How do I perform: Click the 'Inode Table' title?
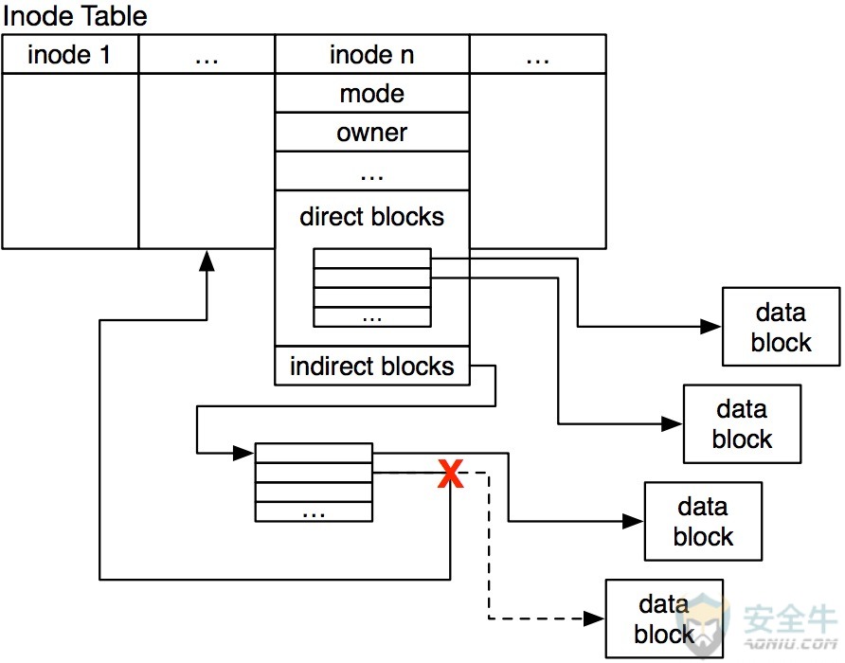(x=75, y=16)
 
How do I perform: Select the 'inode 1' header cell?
(x=70, y=54)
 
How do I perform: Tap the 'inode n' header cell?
(x=372, y=54)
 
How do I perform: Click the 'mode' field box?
(x=372, y=93)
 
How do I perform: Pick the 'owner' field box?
(x=372, y=132)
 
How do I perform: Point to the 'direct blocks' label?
(x=372, y=217)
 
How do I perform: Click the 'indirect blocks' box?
(x=372, y=366)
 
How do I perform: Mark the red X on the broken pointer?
(x=451, y=474)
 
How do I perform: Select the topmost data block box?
(x=781, y=327)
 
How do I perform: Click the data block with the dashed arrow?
(x=664, y=618)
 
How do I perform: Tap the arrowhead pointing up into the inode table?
(x=207, y=260)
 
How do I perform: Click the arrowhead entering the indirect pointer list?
(x=243, y=454)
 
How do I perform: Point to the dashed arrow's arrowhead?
(x=594, y=618)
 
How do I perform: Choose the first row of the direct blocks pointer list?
(x=372, y=259)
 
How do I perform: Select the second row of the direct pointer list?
(x=372, y=278)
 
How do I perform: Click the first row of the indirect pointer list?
(x=314, y=453)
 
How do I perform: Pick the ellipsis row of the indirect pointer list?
(x=314, y=511)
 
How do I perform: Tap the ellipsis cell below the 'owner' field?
(x=372, y=170)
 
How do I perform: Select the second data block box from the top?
(x=742, y=423)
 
